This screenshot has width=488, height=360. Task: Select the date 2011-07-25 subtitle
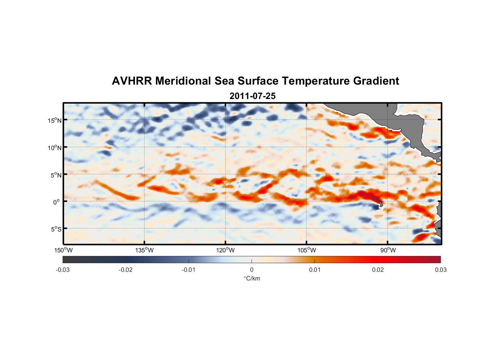pyautogui.click(x=252, y=96)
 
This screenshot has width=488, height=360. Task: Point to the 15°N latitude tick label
pyautogui.click(x=55, y=120)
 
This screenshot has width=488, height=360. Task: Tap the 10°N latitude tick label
pyautogui.click(x=55, y=148)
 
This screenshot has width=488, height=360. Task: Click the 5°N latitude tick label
pyautogui.click(x=56, y=175)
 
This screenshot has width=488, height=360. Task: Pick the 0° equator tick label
pyautogui.click(x=57, y=202)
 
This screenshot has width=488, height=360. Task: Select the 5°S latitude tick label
pyautogui.click(x=56, y=229)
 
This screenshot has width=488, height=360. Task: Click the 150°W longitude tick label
pyautogui.click(x=64, y=250)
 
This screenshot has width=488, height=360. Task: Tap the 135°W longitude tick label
pyautogui.click(x=145, y=250)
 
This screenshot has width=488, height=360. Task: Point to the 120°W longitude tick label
pyautogui.click(x=226, y=250)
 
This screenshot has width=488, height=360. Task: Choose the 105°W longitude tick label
pyautogui.click(x=307, y=250)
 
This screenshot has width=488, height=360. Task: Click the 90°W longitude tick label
pyautogui.click(x=388, y=250)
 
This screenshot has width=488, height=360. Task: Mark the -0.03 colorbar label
pyautogui.click(x=63, y=270)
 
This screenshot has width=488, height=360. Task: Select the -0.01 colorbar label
pyautogui.click(x=189, y=270)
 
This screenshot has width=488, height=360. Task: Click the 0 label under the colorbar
pyautogui.click(x=252, y=270)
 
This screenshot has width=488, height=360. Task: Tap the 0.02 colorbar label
pyautogui.click(x=378, y=270)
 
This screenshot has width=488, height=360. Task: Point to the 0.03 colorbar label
pyautogui.click(x=440, y=270)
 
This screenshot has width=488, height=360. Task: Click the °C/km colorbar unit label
pyautogui.click(x=252, y=278)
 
